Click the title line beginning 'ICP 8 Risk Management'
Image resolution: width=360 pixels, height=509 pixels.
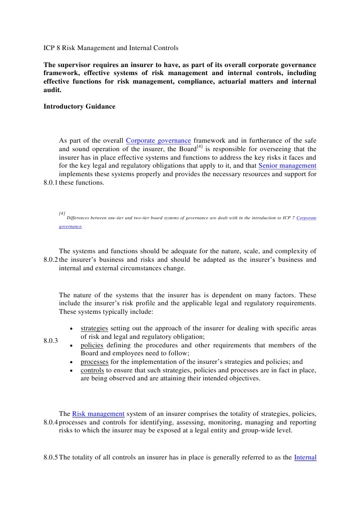coord(111,49)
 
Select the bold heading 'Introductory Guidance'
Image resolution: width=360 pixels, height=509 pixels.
coord(79,106)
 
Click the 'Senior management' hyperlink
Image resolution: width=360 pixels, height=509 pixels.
coord(287,165)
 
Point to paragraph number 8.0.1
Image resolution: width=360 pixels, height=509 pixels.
coord(51,183)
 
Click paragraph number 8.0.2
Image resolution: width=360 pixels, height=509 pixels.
coord(51,260)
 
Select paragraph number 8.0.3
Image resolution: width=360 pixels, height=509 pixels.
coord(51,341)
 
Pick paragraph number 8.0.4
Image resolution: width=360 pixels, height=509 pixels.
coord(51,422)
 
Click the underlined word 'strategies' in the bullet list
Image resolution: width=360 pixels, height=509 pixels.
coord(94,328)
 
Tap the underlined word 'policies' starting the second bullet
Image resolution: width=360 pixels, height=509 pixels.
coord(92,345)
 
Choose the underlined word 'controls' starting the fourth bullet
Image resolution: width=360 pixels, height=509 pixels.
coord(92,370)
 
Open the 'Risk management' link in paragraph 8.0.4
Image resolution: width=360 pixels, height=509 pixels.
coord(98,414)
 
